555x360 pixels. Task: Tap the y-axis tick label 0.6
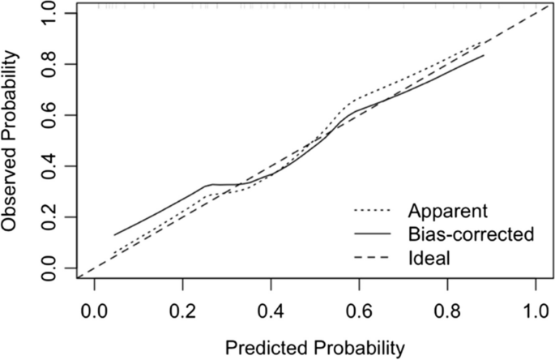click(x=49, y=115)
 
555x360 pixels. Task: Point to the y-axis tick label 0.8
click(x=49, y=64)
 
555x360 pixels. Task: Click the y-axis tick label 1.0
click(x=49, y=14)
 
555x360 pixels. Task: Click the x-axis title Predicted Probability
click(x=314, y=348)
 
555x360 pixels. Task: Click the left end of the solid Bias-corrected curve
click(x=114, y=235)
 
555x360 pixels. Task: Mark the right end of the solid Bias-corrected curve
click(x=485, y=55)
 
